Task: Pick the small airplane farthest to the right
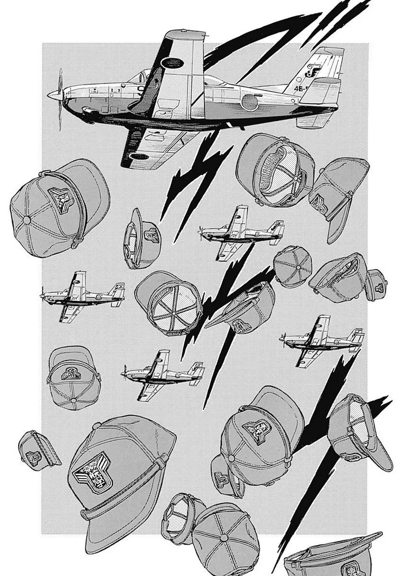pyautogui.click(x=323, y=340)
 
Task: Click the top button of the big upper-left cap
pyautogui.click(x=27, y=220)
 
